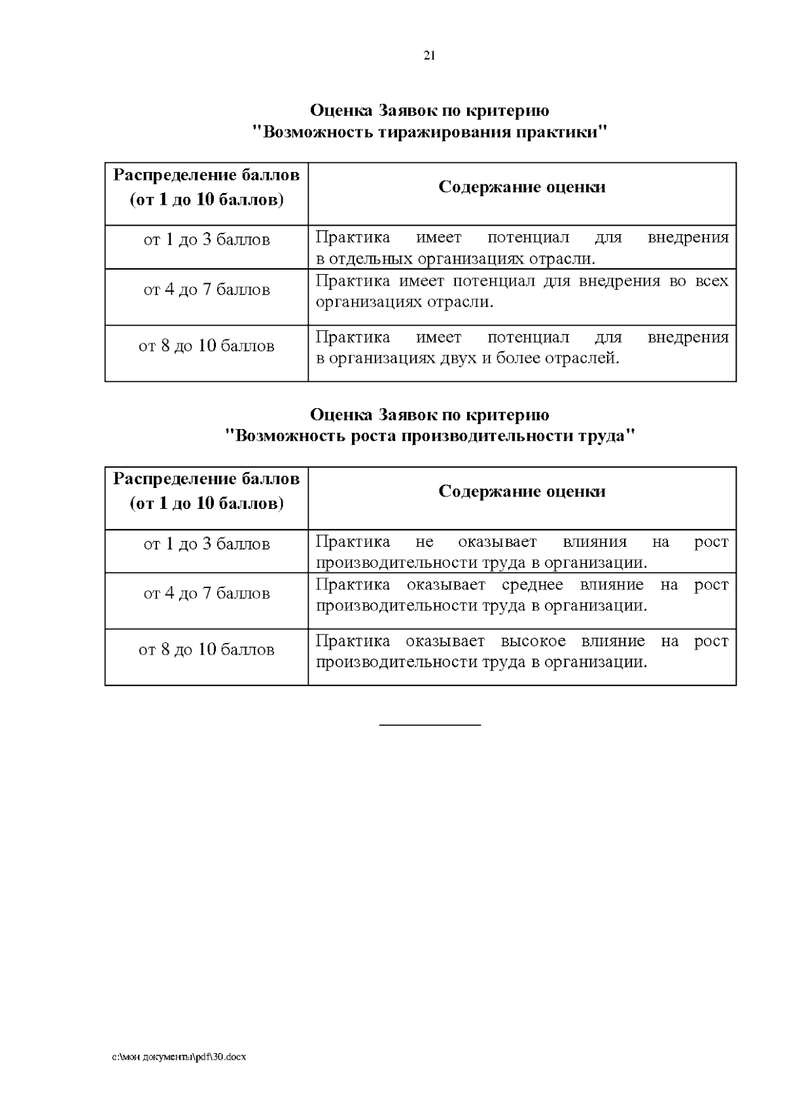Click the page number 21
coord(429,56)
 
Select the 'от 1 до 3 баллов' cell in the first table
coord(207,240)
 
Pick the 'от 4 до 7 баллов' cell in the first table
coord(207,290)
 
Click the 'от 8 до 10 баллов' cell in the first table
coord(207,346)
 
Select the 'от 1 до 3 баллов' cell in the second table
coord(207,544)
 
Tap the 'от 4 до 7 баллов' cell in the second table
coord(207,594)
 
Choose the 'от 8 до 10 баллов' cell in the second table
coord(207,650)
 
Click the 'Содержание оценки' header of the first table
coord(521,187)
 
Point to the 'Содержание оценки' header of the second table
coord(521,492)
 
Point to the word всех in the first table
coord(712,281)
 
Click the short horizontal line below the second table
coord(430,725)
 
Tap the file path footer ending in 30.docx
coord(179,1057)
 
